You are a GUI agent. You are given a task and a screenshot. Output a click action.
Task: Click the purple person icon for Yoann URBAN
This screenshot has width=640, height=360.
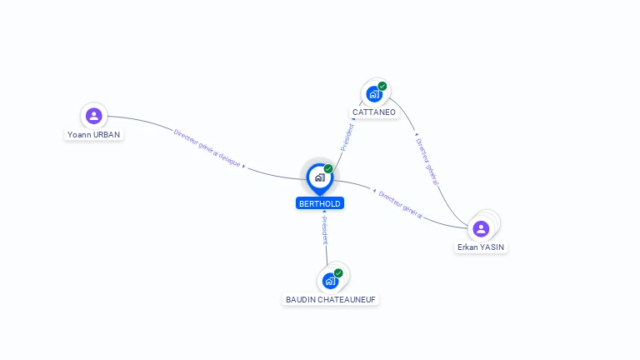(93, 116)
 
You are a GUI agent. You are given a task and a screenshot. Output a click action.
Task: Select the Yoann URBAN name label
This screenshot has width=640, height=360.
(93, 134)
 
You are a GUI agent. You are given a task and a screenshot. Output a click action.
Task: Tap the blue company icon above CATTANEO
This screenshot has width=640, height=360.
(374, 94)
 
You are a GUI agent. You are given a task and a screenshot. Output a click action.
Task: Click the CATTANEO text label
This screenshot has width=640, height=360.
(374, 112)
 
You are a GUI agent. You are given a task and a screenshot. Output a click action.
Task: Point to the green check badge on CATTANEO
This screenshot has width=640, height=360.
(382, 86)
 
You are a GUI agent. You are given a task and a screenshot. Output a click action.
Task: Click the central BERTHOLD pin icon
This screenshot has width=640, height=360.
(319, 177)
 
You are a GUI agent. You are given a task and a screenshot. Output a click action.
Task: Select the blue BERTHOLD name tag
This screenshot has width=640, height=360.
(320, 203)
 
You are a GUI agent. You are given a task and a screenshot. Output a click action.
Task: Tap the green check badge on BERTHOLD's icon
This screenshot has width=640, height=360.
(328, 168)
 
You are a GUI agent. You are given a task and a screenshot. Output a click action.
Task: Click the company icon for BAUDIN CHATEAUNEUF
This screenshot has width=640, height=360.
(330, 281)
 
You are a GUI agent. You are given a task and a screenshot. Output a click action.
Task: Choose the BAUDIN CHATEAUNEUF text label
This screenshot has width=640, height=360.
(332, 299)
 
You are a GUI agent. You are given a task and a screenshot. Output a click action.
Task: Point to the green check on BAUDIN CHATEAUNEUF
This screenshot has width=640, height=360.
(338, 272)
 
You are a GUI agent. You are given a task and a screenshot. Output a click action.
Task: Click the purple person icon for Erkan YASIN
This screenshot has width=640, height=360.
(481, 228)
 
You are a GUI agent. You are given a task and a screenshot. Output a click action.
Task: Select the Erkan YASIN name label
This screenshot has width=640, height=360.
(481, 247)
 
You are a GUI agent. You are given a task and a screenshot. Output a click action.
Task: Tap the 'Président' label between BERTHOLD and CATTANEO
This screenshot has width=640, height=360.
(347, 137)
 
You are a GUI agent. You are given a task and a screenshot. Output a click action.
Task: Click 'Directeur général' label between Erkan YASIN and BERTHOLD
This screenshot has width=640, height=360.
(400, 204)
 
